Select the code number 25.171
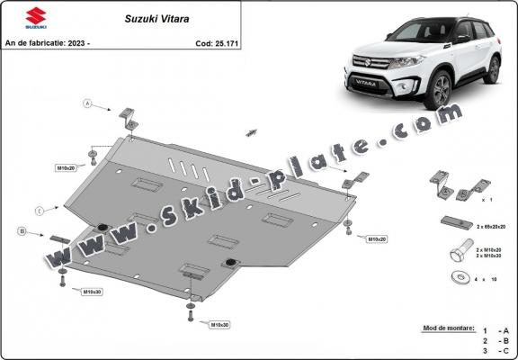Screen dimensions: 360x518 225,42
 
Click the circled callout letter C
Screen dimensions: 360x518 40,210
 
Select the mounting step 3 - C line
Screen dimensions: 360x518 494,350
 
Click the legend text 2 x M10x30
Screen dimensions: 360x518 488,255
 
